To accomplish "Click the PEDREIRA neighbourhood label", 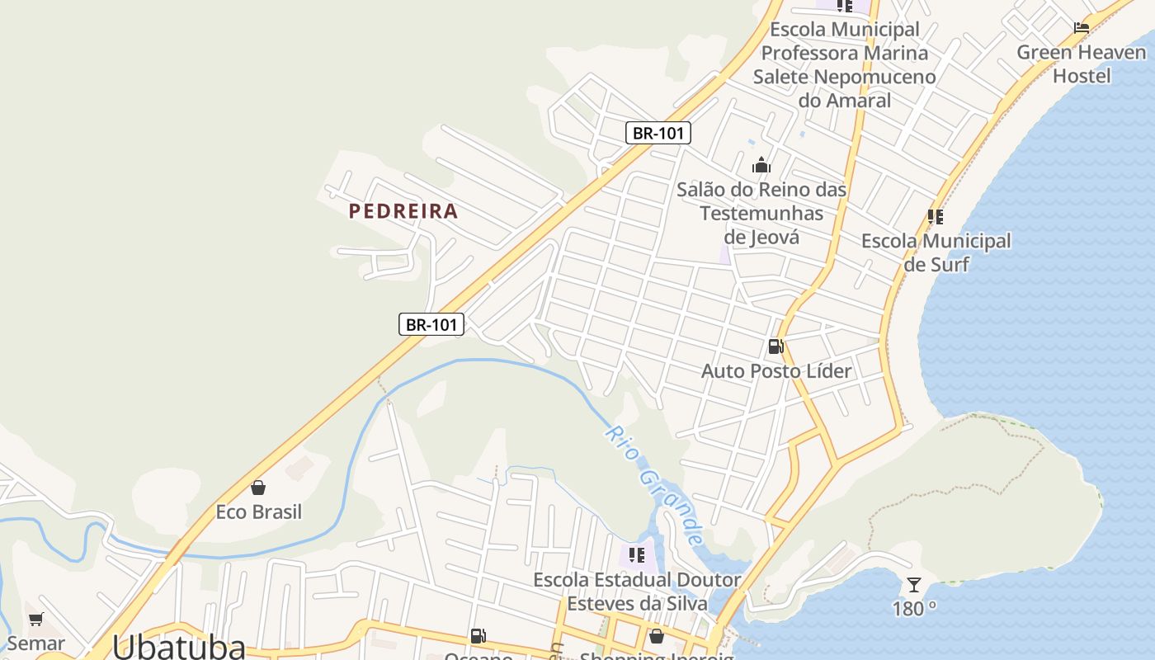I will (403, 211).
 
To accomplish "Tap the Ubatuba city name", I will (179, 646).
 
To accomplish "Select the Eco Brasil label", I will (258, 512).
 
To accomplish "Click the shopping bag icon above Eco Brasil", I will (258, 488).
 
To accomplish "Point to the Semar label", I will (35, 643).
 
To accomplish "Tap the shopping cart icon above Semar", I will (35, 619).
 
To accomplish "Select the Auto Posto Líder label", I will (775, 371).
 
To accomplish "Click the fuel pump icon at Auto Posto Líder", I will (775, 346).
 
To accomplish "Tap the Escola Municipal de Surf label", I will (936, 252).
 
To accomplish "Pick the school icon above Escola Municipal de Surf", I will (935, 217).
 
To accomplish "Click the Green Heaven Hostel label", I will (1081, 64).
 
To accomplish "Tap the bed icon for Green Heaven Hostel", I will (1081, 28).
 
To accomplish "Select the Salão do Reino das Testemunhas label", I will (761, 213).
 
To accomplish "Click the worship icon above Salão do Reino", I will (761, 165).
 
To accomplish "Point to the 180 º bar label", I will (914, 609).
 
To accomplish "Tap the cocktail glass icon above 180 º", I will (914, 585).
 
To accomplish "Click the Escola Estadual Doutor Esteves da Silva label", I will (636, 592).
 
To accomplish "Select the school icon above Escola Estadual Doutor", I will (636, 555).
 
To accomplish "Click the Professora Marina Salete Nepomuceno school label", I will (844, 64).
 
